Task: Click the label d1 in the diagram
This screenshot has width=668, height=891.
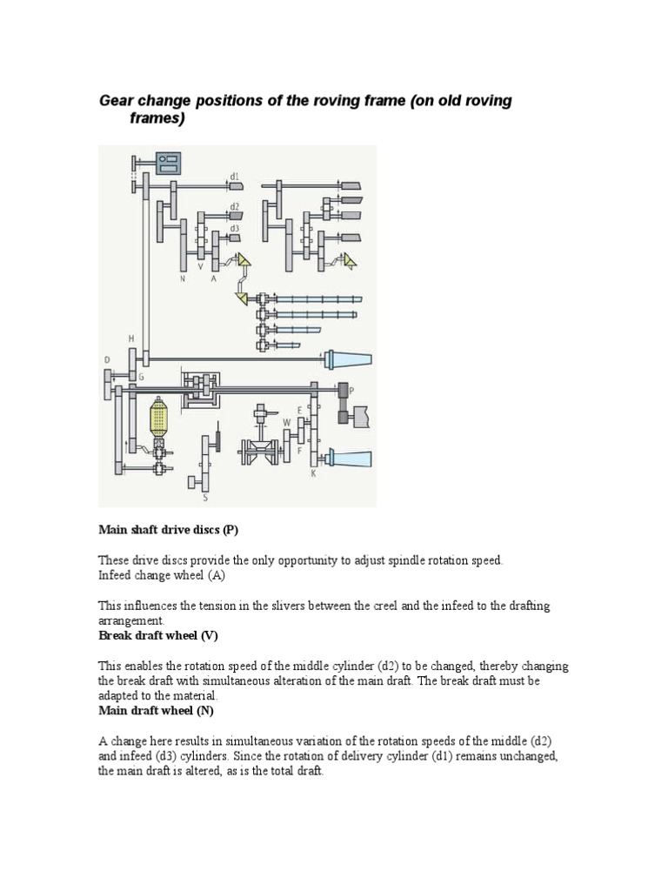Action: [x=234, y=177]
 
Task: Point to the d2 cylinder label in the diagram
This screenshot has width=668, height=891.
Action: [x=234, y=207]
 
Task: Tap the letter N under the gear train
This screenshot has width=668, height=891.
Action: [x=183, y=279]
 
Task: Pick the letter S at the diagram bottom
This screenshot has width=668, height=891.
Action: [x=205, y=499]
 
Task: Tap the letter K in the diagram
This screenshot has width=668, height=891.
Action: [x=313, y=474]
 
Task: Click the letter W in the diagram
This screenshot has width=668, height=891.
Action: [x=286, y=423]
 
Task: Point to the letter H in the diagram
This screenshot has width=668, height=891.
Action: [x=131, y=338]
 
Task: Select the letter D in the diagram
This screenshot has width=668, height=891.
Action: [x=107, y=359]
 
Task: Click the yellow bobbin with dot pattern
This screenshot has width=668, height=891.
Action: [x=159, y=420]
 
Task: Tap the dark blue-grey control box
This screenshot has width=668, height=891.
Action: [x=169, y=163]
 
